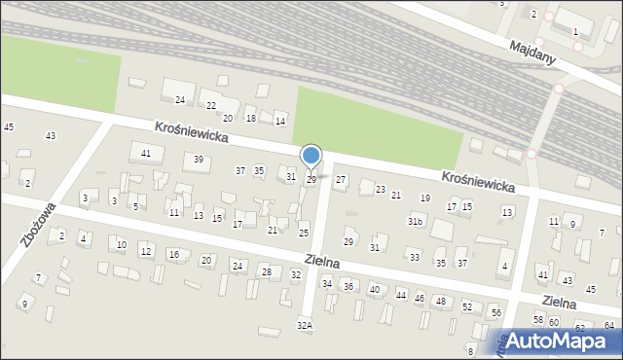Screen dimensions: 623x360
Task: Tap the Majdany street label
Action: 532,52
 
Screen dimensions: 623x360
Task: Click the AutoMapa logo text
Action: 559,341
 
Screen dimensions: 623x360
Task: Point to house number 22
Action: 211,105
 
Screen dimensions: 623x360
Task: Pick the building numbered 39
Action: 199,160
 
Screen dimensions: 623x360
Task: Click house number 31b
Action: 416,222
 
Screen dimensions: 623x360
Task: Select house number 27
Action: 341,180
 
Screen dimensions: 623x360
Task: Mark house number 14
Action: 280,121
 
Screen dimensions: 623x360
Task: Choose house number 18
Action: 251,118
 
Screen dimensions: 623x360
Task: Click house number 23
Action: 381,190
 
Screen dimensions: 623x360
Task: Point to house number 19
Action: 424,198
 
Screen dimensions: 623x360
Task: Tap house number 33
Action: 415,257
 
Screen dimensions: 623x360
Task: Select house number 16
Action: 173,255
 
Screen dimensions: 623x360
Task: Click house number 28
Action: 266,272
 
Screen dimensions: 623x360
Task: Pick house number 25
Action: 304,234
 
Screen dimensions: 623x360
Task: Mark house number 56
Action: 495,312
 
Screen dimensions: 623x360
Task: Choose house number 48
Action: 441,302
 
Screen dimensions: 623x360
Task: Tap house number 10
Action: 121,245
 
